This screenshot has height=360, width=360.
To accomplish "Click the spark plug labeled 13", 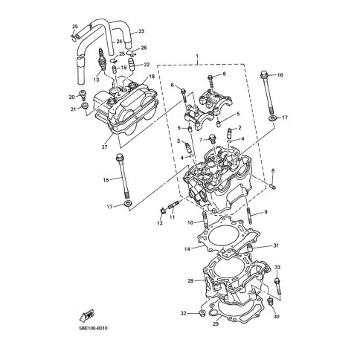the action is pyautogui.click(x=102, y=60).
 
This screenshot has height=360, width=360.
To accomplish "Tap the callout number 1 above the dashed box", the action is pyautogui.click(x=197, y=56).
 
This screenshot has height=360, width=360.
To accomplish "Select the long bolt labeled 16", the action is pyautogui.click(x=268, y=94).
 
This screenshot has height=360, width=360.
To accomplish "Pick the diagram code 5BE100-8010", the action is pyautogui.click(x=93, y=328).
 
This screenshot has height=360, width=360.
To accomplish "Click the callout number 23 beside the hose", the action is pyautogui.click(x=141, y=31).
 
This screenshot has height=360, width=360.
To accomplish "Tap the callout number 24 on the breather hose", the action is pyautogui.click(x=119, y=42).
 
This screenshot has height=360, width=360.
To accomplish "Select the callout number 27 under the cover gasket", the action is pyautogui.click(x=104, y=147).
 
